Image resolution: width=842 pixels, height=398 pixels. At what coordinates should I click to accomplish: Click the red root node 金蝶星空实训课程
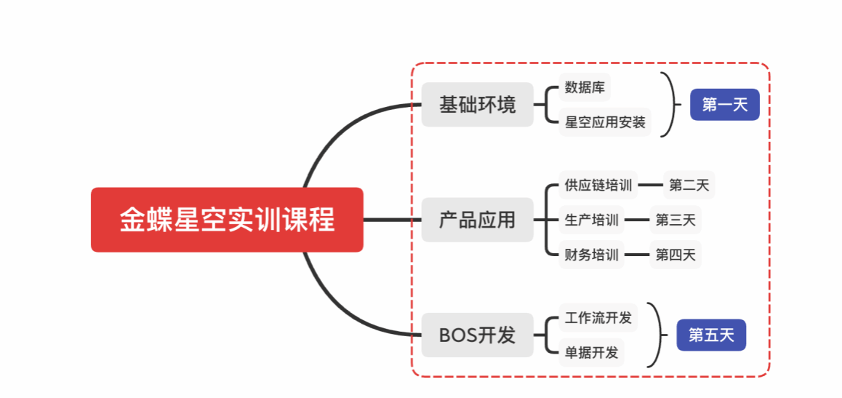coord(227,220)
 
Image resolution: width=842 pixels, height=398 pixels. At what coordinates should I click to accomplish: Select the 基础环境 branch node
coord(477,105)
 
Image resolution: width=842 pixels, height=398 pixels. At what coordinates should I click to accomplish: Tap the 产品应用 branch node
coord(477,220)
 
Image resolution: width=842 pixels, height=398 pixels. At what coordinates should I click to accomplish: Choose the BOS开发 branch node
coord(477,335)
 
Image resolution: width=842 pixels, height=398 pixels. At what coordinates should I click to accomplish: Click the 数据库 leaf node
coord(585,87)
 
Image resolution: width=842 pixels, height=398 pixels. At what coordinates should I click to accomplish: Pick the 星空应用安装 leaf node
coord(605,122)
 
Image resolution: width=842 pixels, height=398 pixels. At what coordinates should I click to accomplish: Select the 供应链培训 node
coord(598,185)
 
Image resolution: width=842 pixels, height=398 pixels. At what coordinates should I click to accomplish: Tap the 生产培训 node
coord(591,220)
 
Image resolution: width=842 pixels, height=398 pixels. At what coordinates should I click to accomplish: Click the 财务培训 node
coord(591,255)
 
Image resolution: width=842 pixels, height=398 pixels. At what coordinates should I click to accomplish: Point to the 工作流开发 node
coord(598,317)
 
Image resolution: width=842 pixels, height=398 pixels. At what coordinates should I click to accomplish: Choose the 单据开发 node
coord(591,353)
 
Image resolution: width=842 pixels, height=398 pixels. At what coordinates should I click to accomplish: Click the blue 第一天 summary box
coord(724,105)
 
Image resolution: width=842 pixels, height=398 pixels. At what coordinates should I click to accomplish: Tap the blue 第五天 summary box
coord(711,335)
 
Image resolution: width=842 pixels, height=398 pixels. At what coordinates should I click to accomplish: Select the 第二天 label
coord(689,185)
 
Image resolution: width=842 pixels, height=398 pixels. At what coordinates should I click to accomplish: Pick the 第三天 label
coord(675,220)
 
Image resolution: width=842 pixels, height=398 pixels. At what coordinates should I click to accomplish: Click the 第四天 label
coord(675,255)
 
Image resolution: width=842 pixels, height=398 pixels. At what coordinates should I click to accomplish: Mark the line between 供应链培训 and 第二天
coord(650,185)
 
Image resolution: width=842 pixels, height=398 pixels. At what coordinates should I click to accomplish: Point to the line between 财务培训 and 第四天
coord(637,255)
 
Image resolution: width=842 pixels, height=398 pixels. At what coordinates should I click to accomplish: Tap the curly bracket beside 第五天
coord(658,335)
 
